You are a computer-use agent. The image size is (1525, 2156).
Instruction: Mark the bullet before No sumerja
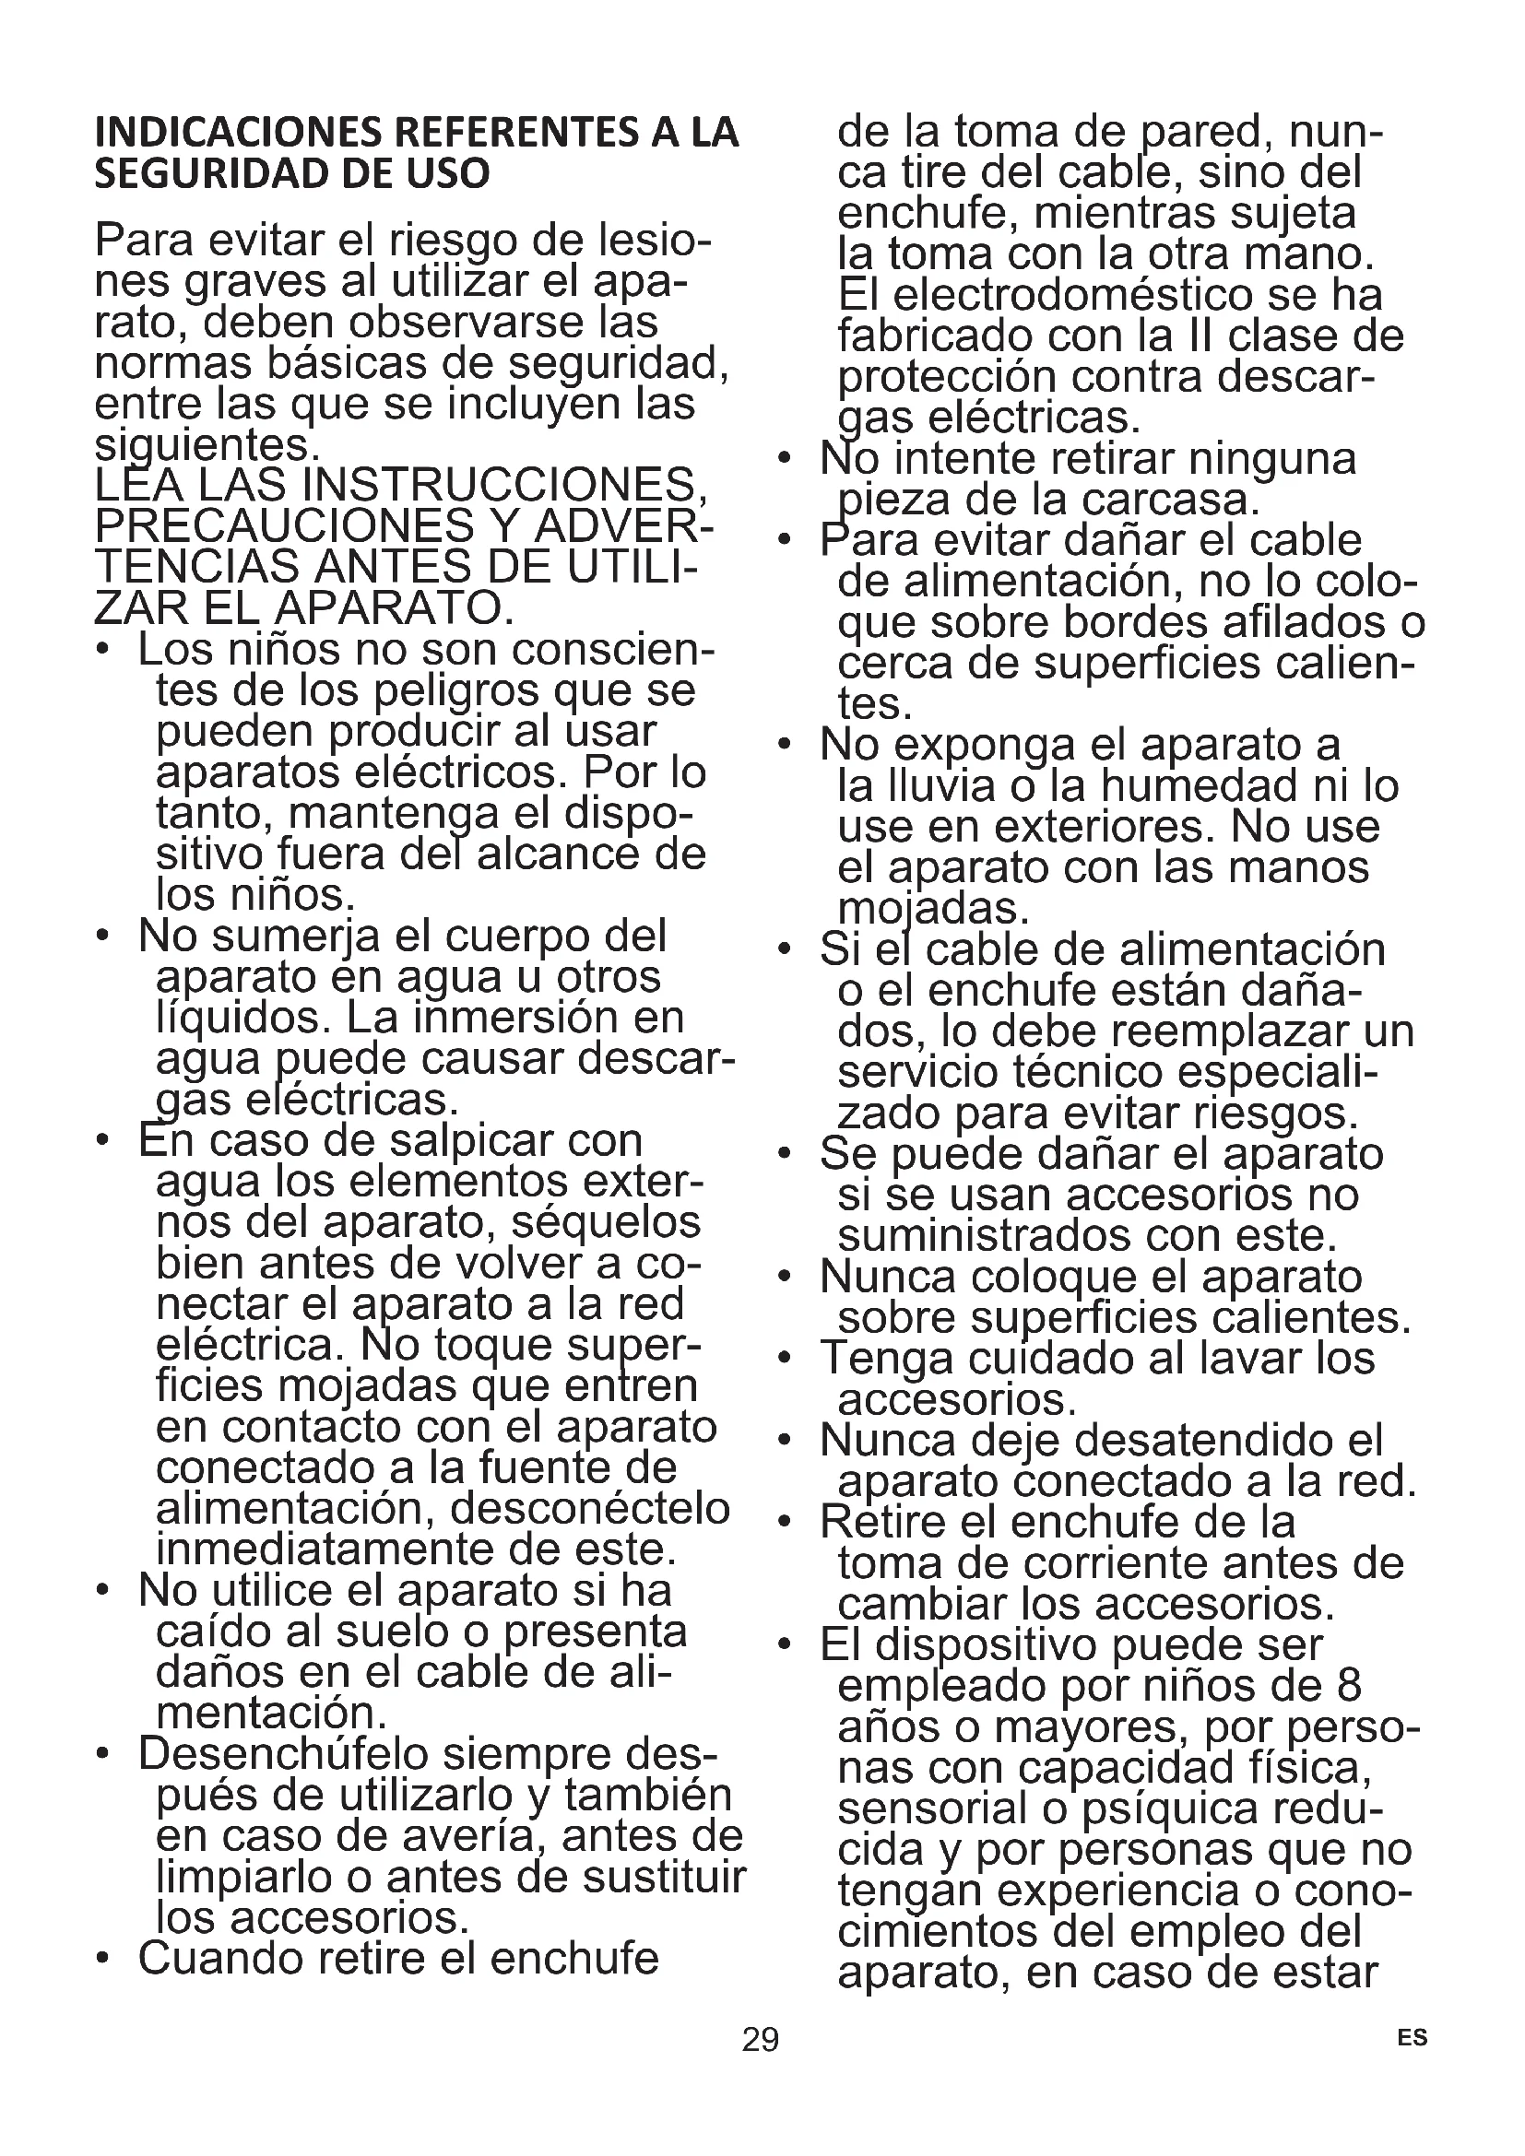coord(102,937)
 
